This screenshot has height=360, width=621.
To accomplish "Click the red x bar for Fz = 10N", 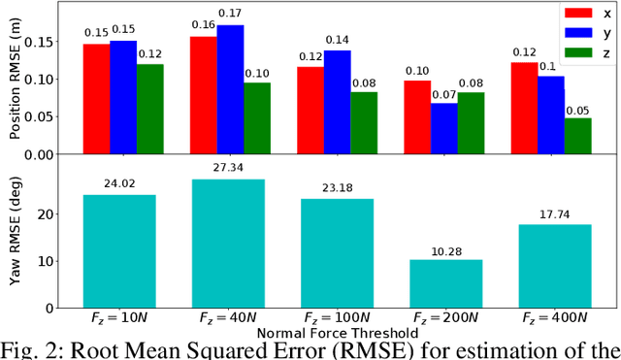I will tap(96, 99).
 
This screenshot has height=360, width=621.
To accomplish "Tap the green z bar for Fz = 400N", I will tap(577, 136).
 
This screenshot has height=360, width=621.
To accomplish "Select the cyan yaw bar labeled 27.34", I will tap(228, 244).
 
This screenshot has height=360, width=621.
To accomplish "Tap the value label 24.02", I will tap(119, 181).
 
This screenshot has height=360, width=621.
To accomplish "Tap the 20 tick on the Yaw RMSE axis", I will tap(61, 214).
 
